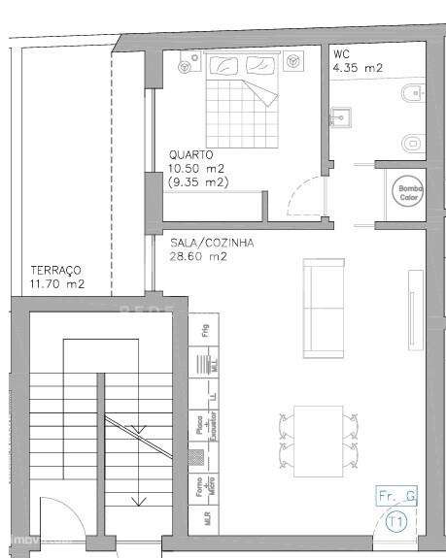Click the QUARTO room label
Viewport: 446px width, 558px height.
point(190,153)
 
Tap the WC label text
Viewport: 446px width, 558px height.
point(340,54)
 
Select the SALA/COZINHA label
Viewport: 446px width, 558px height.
point(197,244)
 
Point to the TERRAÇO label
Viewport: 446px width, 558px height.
point(56,271)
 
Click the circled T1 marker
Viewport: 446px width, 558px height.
point(395,522)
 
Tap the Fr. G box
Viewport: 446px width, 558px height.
point(396,497)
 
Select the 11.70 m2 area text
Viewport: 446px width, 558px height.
point(56,284)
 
